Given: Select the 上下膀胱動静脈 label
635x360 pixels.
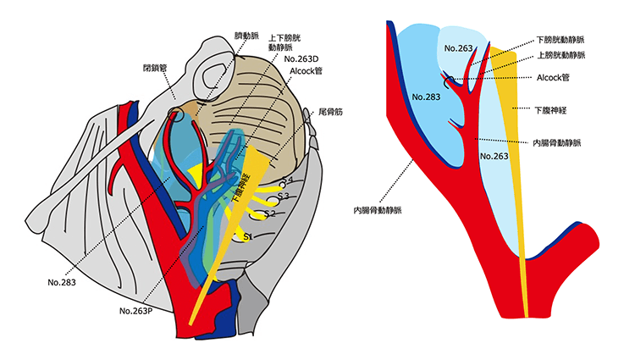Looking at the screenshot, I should [284, 43].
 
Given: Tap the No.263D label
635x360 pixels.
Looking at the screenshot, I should [302, 59].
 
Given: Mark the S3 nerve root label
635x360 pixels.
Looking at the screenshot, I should [283, 197].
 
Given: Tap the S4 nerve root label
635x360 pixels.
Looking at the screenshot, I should [287, 180].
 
